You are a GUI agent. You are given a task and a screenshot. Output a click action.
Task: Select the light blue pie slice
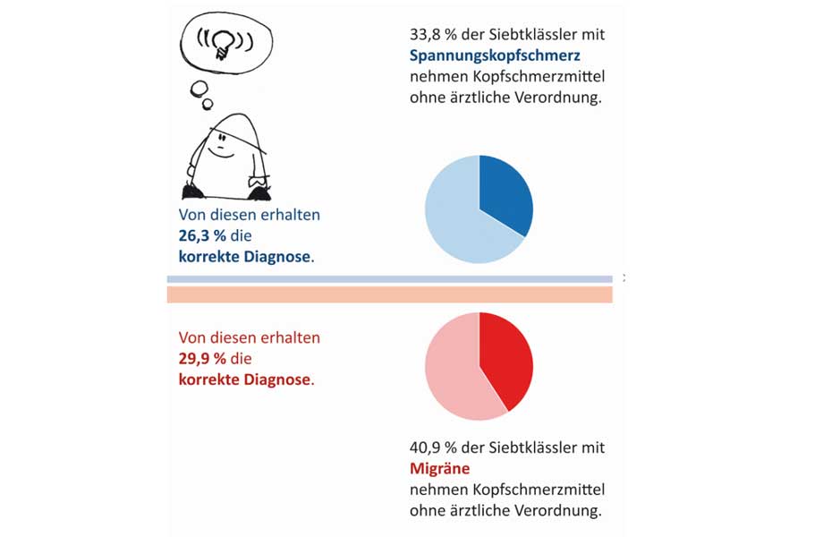pyautogui.click(x=456, y=219)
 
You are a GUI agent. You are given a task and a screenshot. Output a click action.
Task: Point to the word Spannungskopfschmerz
pyautogui.click(x=482, y=55)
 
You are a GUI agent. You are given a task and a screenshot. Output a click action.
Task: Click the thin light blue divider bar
pyautogui.click(x=389, y=279)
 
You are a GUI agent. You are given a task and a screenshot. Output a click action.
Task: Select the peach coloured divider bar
pyautogui.click(x=389, y=294)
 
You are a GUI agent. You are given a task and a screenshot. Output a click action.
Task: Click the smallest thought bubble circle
pyautogui.click(x=208, y=104)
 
